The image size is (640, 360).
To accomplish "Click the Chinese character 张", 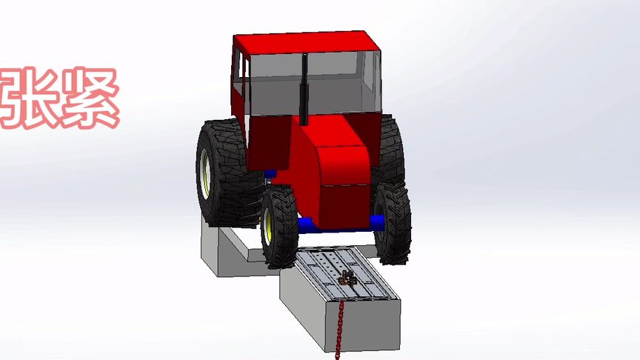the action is coord(27,98).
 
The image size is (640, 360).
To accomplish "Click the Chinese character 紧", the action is coord(90,98).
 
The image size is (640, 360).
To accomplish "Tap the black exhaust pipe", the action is coord(304,90).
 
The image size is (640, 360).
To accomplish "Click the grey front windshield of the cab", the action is coord(314,84).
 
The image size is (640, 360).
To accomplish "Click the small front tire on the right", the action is coord(392,224).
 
